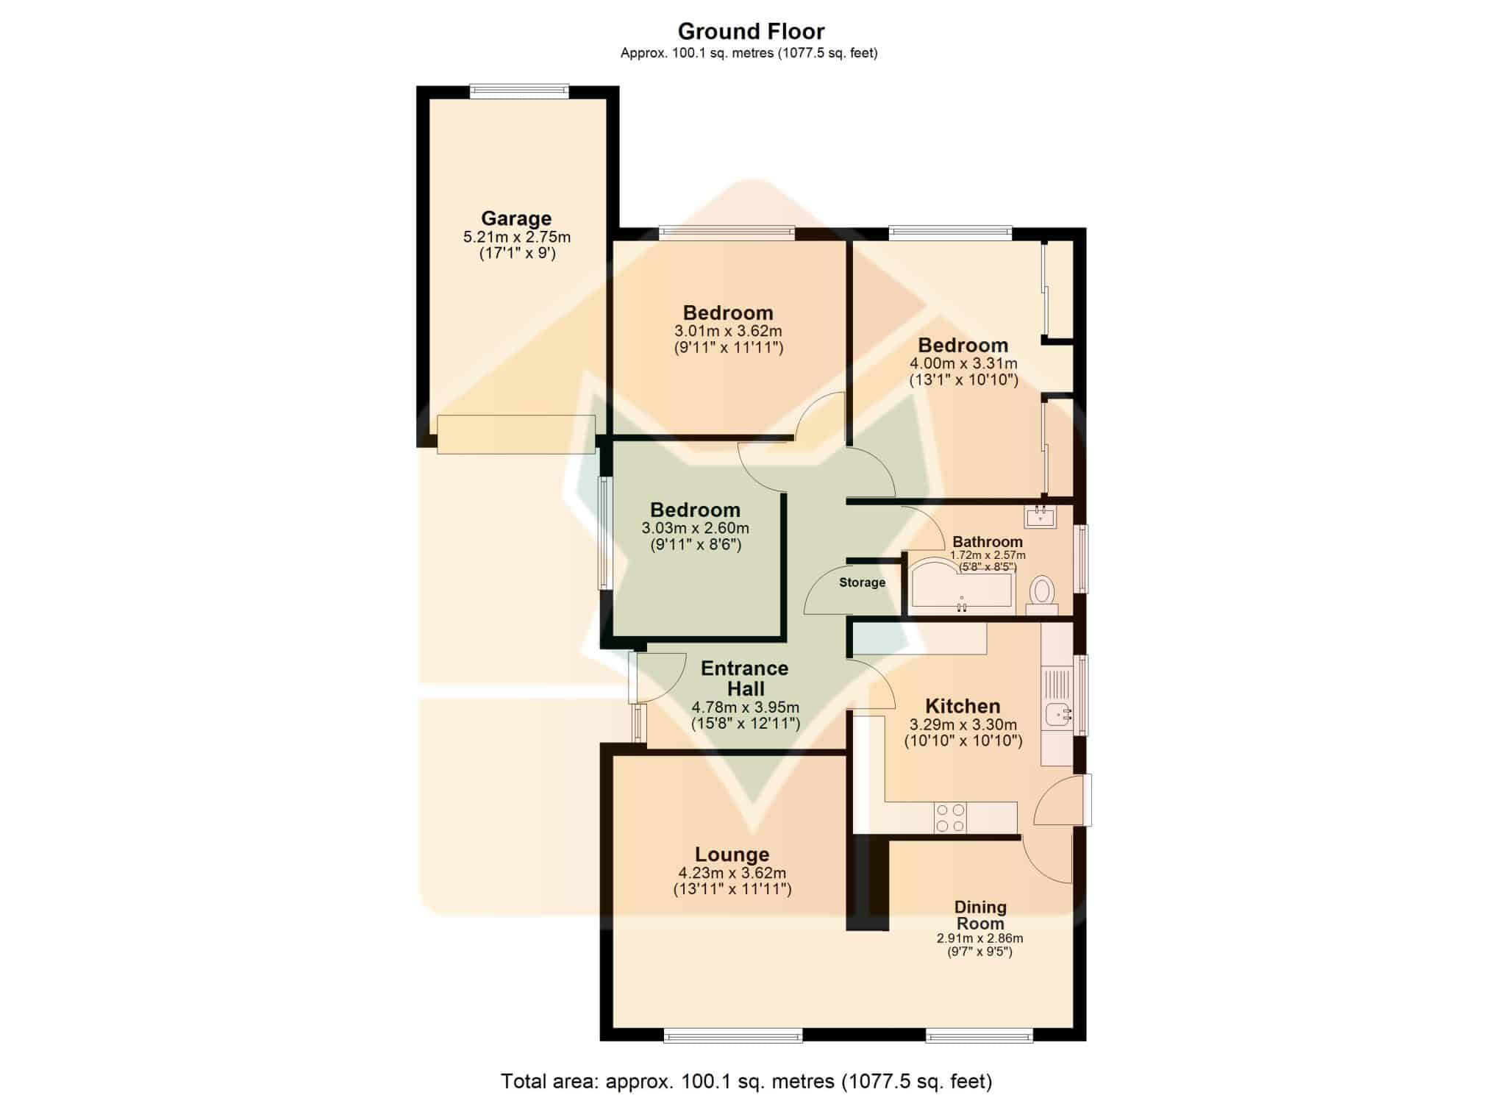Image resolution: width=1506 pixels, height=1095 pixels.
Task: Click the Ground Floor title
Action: [751, 32]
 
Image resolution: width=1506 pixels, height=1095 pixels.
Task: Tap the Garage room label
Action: [516, 218]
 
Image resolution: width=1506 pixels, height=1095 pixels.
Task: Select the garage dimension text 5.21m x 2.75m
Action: [516, 237]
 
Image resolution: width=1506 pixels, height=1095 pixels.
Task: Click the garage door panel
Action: [516, 434]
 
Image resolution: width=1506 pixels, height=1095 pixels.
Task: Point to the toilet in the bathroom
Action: [1041, 594]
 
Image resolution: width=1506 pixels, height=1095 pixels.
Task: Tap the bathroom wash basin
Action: [1041, 516]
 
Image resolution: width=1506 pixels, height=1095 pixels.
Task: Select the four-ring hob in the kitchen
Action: [950, 818]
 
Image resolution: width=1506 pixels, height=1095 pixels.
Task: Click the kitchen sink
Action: [1057, 713]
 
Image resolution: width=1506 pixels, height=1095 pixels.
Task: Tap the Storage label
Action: [863, 582]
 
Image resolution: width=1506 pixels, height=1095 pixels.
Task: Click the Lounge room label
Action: [732, 855]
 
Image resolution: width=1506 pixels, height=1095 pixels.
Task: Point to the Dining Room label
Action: [980, 915]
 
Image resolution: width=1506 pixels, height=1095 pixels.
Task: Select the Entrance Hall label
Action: [745, 678]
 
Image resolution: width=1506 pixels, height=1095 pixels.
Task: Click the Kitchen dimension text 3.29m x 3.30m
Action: [963, 725]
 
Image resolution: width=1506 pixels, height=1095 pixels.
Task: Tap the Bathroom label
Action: [988, 542]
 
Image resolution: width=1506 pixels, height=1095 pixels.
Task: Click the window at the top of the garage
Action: [519, 91]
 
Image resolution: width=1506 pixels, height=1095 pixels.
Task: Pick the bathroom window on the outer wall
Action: [1080, 558]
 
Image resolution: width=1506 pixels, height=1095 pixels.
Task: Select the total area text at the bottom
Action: [746, 1081]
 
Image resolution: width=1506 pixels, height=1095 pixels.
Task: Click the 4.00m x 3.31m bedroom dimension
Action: [963, 363]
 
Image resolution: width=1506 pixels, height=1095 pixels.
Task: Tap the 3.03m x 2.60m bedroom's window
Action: [604, 533]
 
